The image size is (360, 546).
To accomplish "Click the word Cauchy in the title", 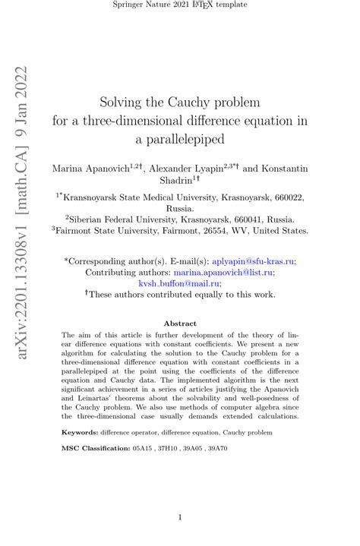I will tap(193, 101).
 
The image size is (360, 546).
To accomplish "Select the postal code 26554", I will tap(212, 229).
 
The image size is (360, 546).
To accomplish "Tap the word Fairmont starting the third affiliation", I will tap(80, 229).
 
